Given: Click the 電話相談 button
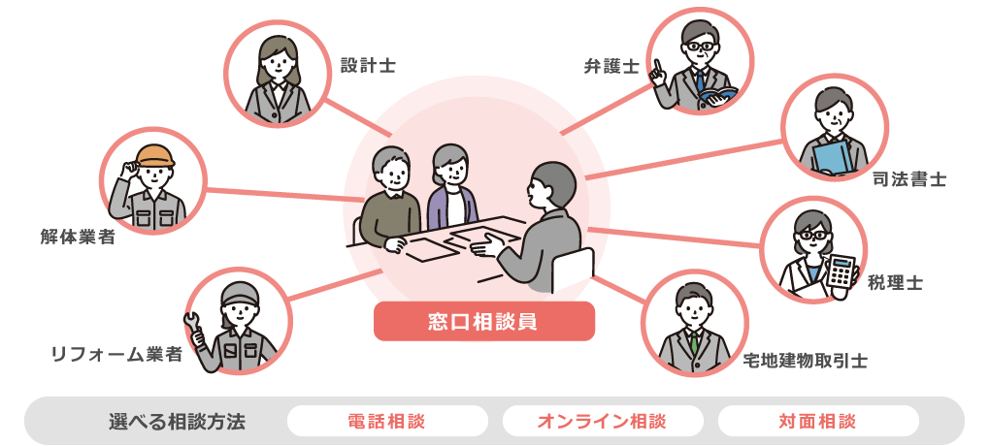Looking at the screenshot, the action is tap(387, 421).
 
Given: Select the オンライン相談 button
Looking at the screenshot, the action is tap(603, 421).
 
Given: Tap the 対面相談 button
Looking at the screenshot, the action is tap(818, 421).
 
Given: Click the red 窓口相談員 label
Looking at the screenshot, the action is tap(484, 321).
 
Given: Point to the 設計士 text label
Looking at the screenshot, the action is tap(368, 65).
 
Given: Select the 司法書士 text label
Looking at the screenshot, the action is tap(909, 179).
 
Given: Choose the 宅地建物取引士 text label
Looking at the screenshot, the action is tap(806, 361).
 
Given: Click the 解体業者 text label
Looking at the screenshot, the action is tap(78, 237).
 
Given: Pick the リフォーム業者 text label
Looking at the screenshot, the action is tap(116, 354).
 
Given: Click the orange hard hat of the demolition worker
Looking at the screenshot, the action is tap(155, 155).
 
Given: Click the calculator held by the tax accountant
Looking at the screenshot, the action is tap(841, 271).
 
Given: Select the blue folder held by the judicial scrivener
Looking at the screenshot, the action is tap(832, 158).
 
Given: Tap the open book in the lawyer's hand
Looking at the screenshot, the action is tap(718, 96).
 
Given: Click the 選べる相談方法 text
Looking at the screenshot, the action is tap(177, 421).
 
